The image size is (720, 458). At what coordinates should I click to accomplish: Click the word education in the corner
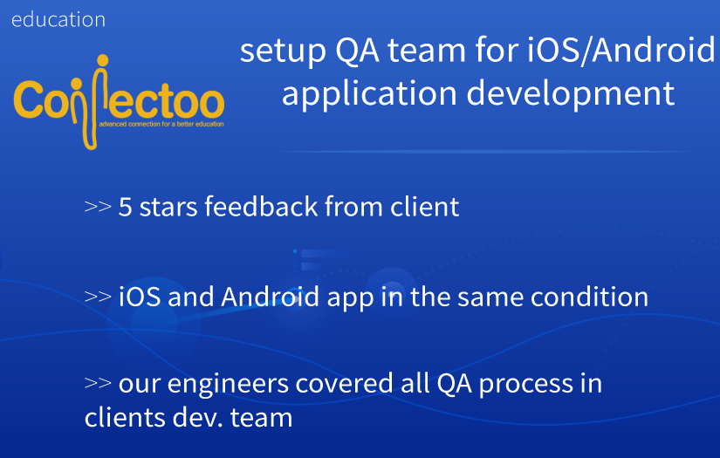[x=58, y=19]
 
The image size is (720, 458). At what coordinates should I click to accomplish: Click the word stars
[x=166, y=208]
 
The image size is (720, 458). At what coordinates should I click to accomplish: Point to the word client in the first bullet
[x=424, y=208]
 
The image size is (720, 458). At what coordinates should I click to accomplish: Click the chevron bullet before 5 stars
[x=97, y=208]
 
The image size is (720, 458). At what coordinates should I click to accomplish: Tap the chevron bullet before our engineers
[x=97, y=384]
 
